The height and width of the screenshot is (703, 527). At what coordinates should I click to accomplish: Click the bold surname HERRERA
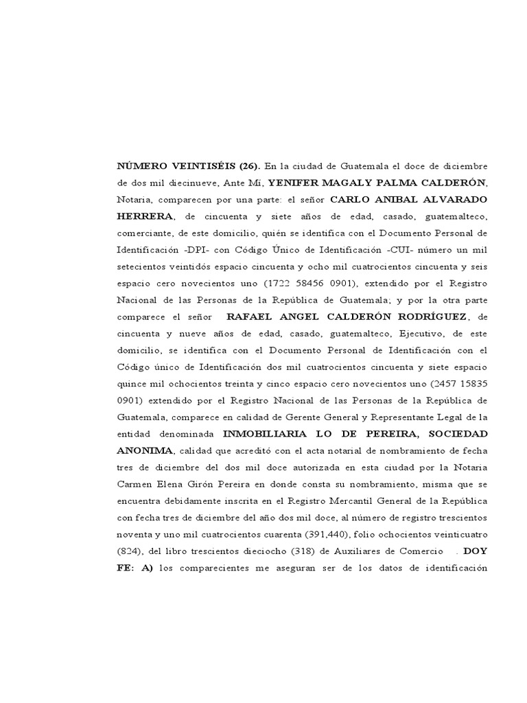[145, 216]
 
